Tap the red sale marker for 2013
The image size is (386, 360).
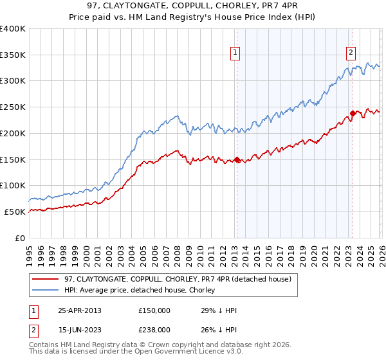[236, 159]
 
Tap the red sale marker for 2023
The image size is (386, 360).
[353, 113]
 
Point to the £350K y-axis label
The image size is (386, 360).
[13, 55]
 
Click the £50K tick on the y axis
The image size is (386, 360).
[15, 212]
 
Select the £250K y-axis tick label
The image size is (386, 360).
[13, 107]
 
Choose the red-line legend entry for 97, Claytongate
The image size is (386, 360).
[178, 279]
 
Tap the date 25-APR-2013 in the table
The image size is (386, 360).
[79, 310]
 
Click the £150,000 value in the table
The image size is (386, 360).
[154, 310]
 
